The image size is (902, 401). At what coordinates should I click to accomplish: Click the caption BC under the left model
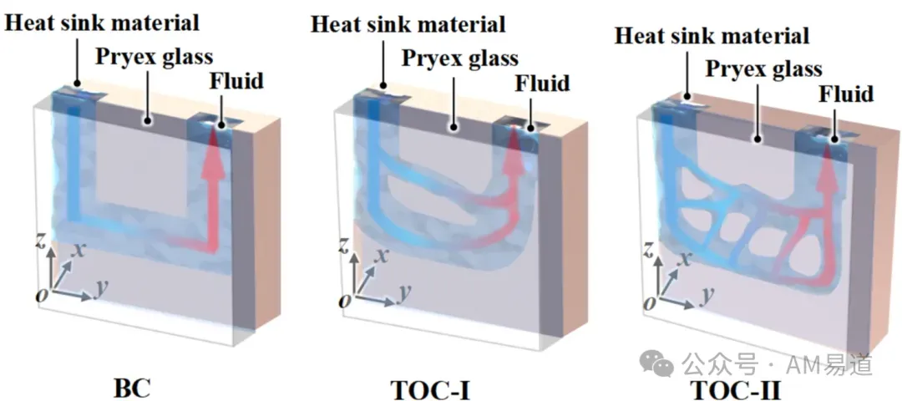tap(132, 389)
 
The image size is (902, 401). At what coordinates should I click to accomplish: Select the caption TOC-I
tap(431, 390)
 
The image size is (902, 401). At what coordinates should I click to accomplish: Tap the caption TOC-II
tap(736, 390)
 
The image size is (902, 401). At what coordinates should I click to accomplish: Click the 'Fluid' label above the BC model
tap(236, 80)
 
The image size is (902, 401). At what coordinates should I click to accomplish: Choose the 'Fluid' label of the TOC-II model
tap(845, 94)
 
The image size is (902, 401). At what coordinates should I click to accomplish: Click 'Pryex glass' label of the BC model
tap(155, 57)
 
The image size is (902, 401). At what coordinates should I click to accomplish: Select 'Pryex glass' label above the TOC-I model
tap(459, 58)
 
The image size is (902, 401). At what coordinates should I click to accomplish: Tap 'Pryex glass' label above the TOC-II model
tap(764, 69)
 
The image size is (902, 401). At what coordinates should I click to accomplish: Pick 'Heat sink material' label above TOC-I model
tap(408, 23)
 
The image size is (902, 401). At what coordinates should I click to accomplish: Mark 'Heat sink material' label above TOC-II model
tap(712, 36)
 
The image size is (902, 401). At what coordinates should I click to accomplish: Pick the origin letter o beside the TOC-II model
tap(650, 303)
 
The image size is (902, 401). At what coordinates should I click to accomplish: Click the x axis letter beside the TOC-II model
tap(686, 260)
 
